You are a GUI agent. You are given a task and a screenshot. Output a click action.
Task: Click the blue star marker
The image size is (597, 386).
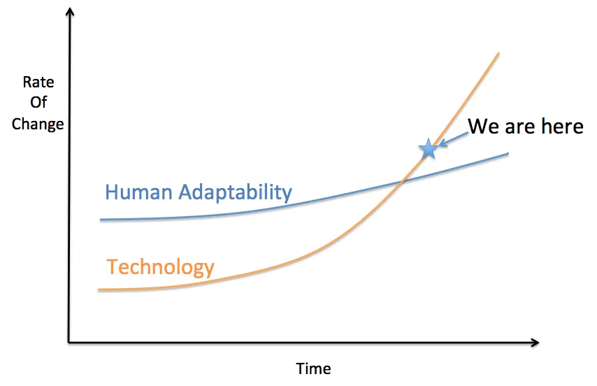pos(428,148)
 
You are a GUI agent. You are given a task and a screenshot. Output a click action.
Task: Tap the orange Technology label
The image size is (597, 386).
pos(160,266)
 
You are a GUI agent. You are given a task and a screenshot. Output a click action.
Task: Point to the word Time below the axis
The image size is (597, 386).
pos(314,369)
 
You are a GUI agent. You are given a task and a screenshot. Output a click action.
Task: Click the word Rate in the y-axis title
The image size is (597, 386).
pos(38,82)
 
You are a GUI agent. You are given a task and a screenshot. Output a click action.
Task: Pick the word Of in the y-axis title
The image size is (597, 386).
pos(38,103)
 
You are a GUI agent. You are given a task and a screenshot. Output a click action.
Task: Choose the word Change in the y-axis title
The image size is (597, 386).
pos(38,124)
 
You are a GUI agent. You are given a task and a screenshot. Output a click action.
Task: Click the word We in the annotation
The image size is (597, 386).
pos(482,127)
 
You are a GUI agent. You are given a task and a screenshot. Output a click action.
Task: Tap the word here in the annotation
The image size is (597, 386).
pos(559,127)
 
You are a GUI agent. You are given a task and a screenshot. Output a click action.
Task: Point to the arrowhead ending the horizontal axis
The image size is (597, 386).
pos(535,343)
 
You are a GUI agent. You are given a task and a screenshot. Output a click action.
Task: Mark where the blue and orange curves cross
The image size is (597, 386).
pos(403,182)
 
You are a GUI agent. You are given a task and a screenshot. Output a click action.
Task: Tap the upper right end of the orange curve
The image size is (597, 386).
pos(498,52)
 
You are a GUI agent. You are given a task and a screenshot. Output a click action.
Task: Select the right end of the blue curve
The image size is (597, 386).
pos(508,153)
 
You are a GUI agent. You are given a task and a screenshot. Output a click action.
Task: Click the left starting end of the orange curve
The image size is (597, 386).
pos(99,289)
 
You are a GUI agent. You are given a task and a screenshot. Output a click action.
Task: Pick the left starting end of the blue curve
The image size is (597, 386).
pos(101,220)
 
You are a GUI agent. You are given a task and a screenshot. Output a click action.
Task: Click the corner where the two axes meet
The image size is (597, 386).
pos(69,343)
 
